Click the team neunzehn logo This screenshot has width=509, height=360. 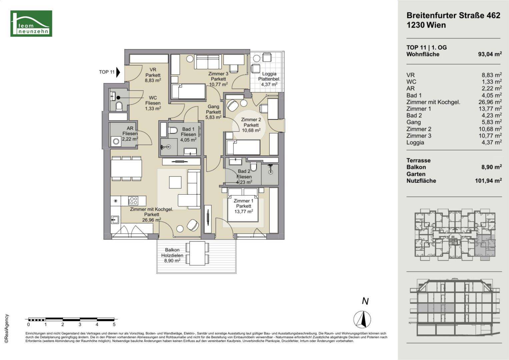coord(31,23)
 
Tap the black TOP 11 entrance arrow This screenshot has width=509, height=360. coord(118,72)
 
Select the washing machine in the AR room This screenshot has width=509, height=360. coord(116,141)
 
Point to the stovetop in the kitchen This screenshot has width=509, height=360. coord(133,201)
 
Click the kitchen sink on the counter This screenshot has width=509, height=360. coord(115,220)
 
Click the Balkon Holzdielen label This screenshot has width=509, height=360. coord(172,255)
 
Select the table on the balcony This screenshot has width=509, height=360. coord(197,253)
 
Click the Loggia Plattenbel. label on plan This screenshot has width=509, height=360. coord(269,79)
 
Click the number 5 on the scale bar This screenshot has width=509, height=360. coord(114,325)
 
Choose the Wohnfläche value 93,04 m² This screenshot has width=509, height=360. coord(490,54)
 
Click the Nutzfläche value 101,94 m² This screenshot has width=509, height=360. coord(488,181)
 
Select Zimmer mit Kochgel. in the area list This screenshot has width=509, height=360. coord(433,102)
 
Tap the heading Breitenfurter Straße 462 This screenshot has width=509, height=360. coord(453,15)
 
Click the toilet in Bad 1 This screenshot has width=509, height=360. coord(173,131)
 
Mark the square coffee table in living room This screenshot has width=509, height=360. coord(175,182)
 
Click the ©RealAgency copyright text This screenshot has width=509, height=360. coord(7,328)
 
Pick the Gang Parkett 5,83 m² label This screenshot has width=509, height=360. coord(213,112)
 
